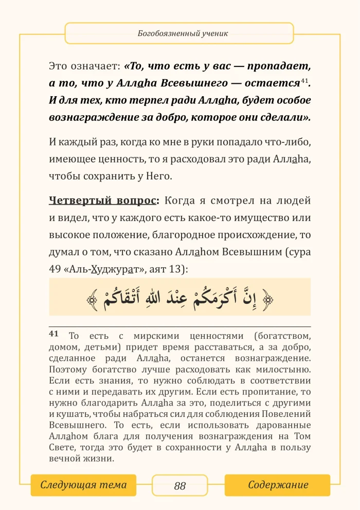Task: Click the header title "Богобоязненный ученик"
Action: pyautogui.click(x=179, y=34)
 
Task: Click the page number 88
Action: pyautogui.click(x=180, y=486)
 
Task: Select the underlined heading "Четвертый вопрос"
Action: pyautogui.click(x=104, y=200)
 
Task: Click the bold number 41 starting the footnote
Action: pyautogui.click(x=54, y=334)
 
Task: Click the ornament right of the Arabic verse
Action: pyautogui.click(x=268, y=298)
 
